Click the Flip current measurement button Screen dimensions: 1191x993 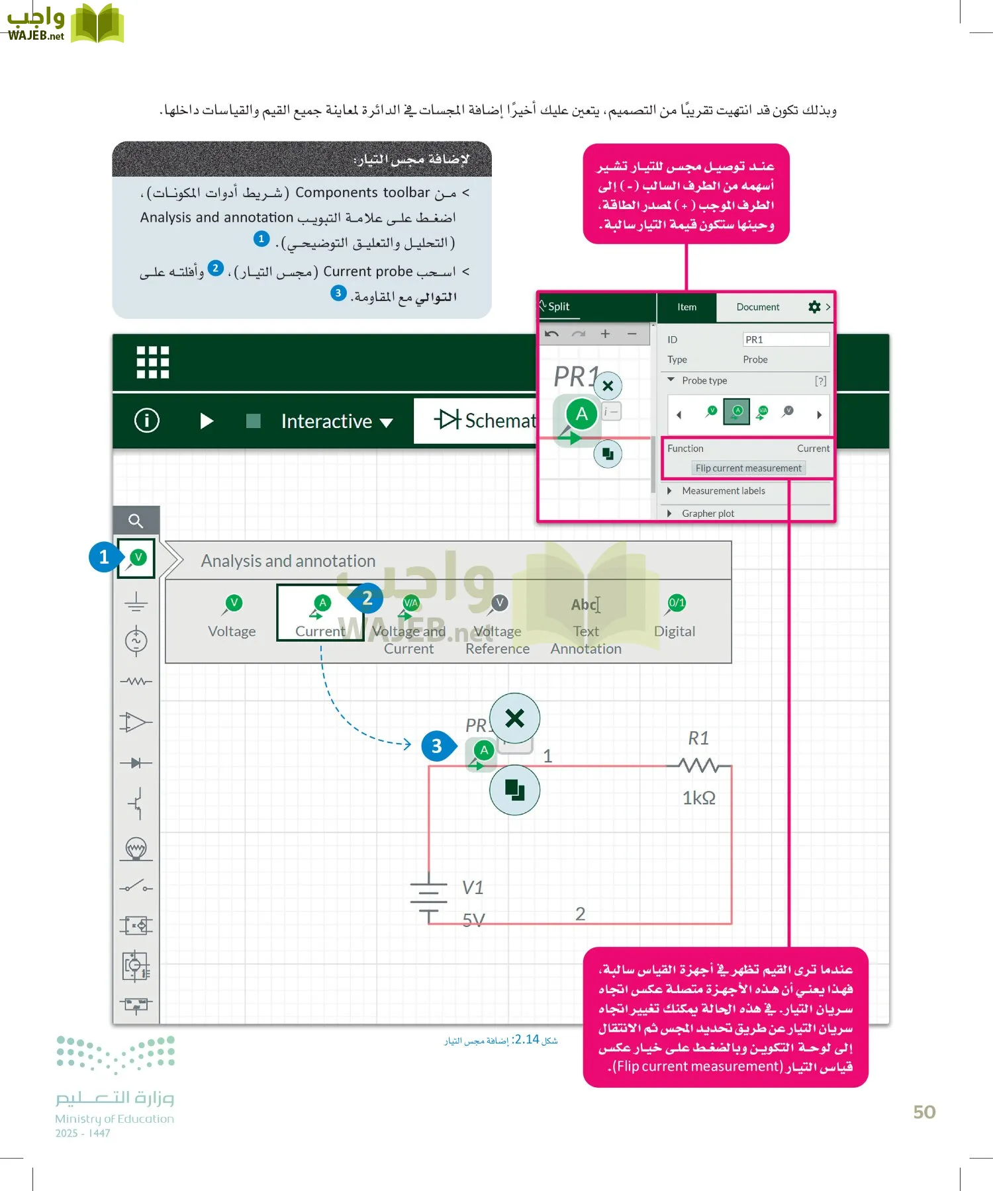pos(748,468)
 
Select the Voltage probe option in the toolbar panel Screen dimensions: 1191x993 pos(232,615)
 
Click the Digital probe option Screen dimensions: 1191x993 pos(675,615)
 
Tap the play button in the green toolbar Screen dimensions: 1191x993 pos(207,421)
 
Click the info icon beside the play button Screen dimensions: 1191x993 pos(147,420)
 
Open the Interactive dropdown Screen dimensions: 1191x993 pos(336,421)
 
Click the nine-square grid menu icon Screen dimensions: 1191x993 pos(153,362)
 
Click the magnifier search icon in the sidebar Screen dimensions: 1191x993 pos(136,521)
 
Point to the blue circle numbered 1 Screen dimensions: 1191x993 pos(103,557)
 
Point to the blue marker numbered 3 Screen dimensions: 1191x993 pos(437,746)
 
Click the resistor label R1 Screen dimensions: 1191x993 pos(698,738)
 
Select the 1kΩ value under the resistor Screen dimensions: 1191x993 pos(699,797)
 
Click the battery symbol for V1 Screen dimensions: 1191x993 pos(428,895)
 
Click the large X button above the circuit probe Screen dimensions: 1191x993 pos(514,718)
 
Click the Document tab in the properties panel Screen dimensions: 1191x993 pos(758,307)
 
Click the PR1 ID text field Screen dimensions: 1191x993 pos(785,339)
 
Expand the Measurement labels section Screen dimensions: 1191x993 pos(723,490)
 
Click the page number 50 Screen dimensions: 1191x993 pos(924,1112)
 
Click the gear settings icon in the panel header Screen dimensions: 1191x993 pos(814,306)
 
